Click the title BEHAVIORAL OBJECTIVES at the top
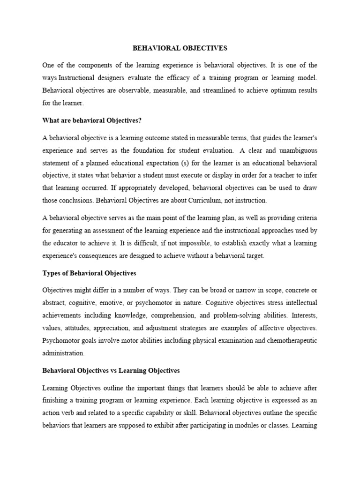pyautogui.click(x=180, y=48)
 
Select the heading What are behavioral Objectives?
pyautogui.click(x=91, y=120)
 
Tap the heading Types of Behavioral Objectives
pyautogui.click(x=89, y=273)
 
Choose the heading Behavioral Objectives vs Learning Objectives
pyautogui.click(x=111, y=370)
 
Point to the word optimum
pyautogui.click(x=271, y=90)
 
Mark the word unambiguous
pyautogui.click(x=293, y=151)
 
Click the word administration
pyautogui.click(x=63, y=352)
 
